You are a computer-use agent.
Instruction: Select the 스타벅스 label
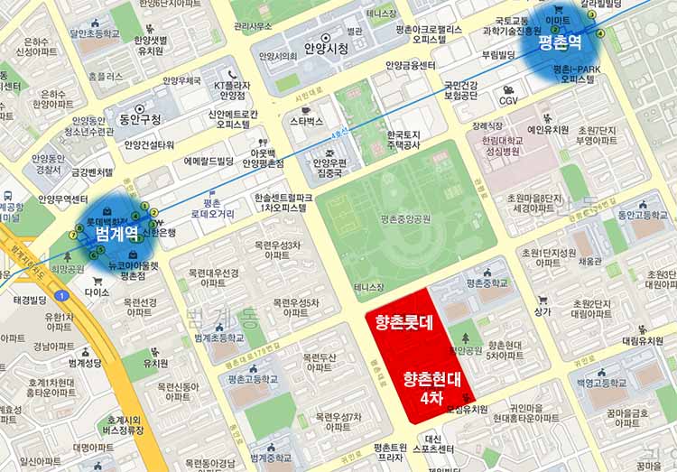(x=307, y=121)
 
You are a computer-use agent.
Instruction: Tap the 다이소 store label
(x=97, y=292)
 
